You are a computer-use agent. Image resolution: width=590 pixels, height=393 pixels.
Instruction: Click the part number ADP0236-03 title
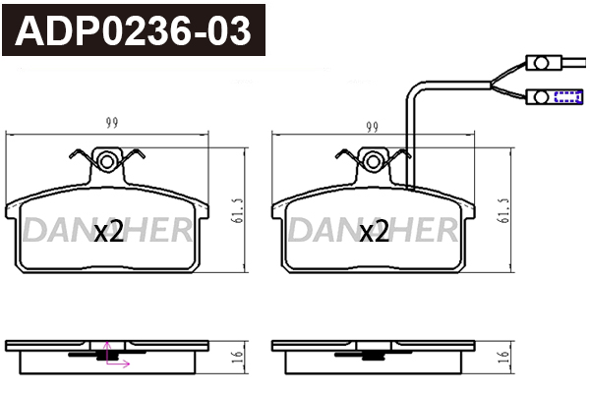133,30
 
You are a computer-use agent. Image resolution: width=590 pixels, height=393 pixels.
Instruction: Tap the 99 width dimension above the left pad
112,123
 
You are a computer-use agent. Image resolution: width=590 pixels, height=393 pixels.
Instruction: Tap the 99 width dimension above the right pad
372,128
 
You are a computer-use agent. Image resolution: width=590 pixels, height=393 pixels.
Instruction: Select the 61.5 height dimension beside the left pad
239,211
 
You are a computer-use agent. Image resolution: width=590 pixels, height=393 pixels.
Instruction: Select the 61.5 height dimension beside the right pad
504,211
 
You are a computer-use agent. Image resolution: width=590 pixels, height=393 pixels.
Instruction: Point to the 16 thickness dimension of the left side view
238,356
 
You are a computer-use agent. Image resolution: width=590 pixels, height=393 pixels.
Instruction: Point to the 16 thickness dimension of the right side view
503,356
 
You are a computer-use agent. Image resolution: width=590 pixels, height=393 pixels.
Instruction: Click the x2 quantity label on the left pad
108,232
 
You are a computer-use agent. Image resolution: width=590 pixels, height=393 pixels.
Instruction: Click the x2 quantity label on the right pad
374,232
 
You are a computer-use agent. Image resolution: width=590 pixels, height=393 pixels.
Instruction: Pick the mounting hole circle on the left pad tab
107,162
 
